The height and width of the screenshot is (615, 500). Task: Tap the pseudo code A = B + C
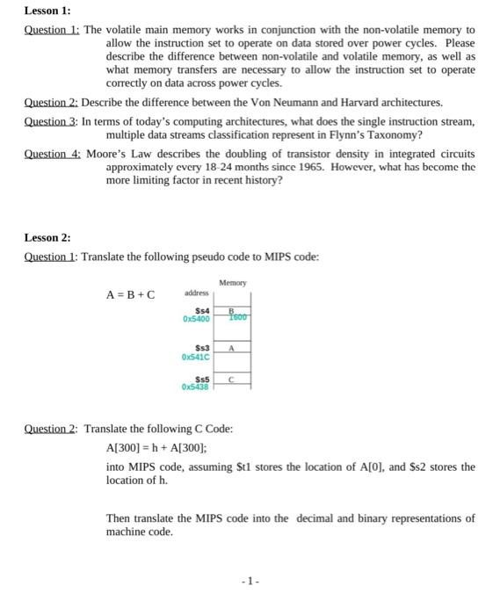(130, 293)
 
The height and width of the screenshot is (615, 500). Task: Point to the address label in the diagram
(196, 293)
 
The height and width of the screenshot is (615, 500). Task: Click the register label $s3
(199, 349)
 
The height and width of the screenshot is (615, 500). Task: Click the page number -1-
(253, 581)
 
